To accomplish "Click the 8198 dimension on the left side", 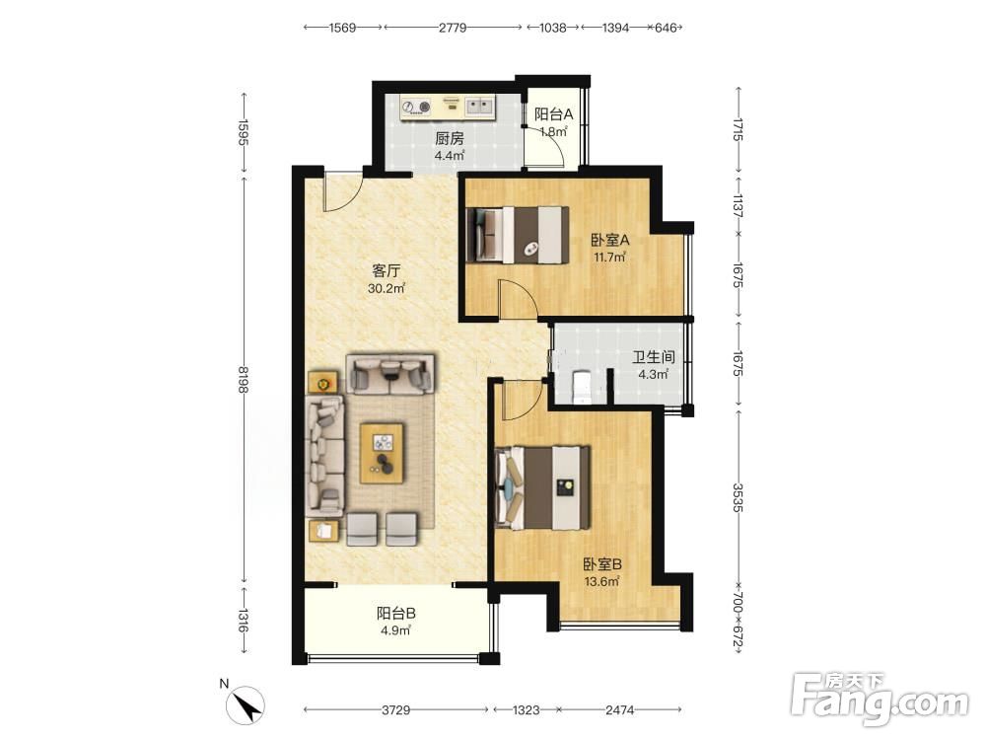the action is point(244,380).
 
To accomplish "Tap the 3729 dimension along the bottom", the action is point(396,709).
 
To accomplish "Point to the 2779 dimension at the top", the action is point(453,27).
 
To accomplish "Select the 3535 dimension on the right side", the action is point(738,497).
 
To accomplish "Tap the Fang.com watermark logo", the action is point(880,698).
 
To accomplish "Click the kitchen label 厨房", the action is point(449,138).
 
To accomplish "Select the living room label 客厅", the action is point(387,271).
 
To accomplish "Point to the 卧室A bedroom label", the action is point(610,240).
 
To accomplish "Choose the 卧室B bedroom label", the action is point(602,564).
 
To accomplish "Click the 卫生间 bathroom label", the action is point(654,357).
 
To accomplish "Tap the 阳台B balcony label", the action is point(396,613).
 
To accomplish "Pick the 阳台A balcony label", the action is point(554,114).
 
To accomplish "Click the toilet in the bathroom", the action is point(581,385).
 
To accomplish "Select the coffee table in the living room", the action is point(382,453).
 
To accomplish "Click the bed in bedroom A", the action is point(519,235).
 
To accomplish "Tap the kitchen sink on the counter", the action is point(480,107).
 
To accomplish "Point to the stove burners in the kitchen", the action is point(417,107).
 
